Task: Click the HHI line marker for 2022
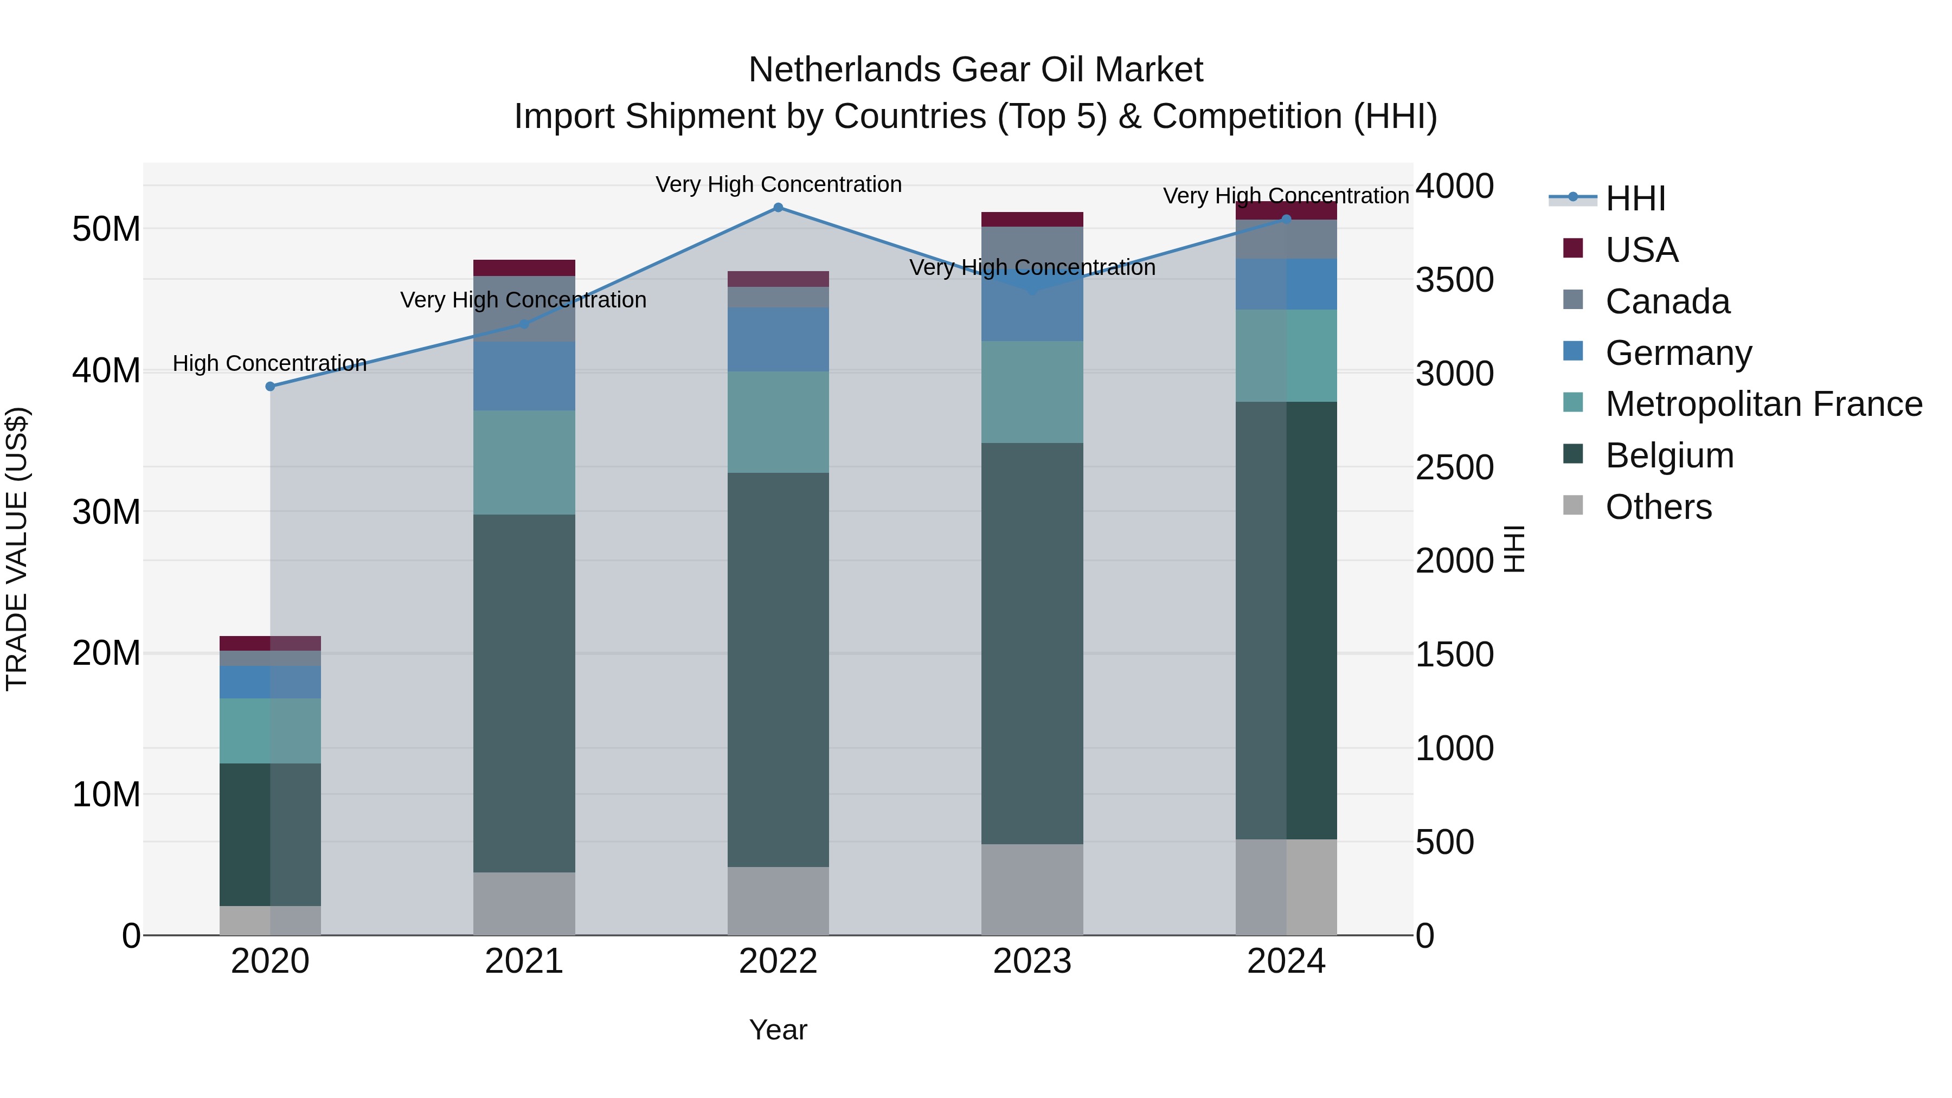(778, 208)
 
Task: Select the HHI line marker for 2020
(271, 387)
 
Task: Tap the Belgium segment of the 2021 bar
(524, 694)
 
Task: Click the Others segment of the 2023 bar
(1031, 890)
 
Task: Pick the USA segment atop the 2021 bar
(524, 267)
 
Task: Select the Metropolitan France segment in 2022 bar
(778, 422)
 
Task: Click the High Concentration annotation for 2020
(270, 364)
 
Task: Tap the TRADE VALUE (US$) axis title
(17, 549)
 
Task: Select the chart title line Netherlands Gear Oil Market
(975, 70)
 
